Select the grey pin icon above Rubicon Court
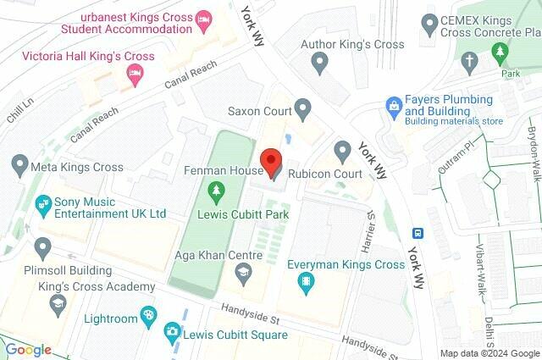[x=342, y=152]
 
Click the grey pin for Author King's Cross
[x=319, y=61]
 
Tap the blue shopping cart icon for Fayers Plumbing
[x=393, y=105]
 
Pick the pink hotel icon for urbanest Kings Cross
[x=203, y=18]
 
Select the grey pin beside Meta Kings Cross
[x=19, y=165]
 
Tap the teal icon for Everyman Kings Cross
[x=306, y=286]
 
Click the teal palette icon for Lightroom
[x=148, y=317]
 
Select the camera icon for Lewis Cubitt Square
[x=173, y=331]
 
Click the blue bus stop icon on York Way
[x=417, y=233]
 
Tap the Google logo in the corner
[x=29, y=349]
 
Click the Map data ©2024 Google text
[x=489, y=353]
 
